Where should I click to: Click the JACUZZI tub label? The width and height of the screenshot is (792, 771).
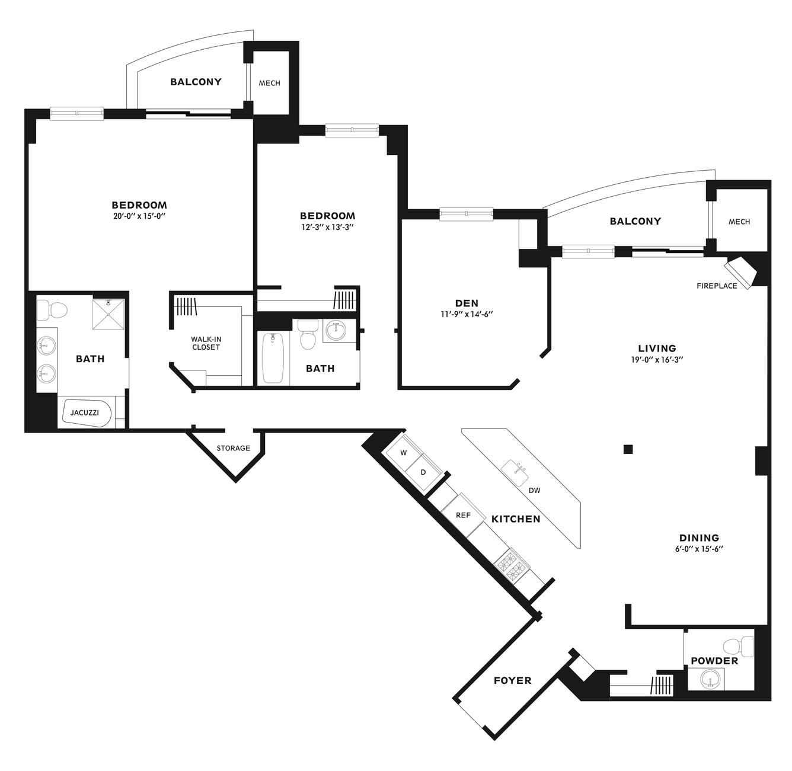tap(85, 412)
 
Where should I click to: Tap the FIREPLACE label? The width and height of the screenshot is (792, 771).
tap(717, 286)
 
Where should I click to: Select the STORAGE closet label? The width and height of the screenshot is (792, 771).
tap(233, 448)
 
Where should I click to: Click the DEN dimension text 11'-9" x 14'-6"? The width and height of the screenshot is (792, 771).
tap(467, 314)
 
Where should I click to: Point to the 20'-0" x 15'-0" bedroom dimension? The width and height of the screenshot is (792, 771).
tap(139, 216)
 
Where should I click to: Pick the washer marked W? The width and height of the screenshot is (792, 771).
tap(404, 453)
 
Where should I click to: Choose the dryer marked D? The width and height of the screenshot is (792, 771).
tap(423, 472)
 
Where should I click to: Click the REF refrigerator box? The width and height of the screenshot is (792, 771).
tap(463, 514)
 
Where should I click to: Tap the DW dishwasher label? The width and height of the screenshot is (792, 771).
tap(534, 491)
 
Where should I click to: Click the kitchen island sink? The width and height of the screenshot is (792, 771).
tap(515, 473)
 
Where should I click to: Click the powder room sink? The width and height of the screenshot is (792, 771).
tap(711, 679)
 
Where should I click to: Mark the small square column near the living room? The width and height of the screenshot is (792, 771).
tap(628, 449)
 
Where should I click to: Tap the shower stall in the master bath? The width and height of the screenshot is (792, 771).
tap(108, 315)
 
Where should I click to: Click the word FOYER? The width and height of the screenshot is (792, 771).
tap(512, 681)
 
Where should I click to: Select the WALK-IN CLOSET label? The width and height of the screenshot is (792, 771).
tap(206, 343)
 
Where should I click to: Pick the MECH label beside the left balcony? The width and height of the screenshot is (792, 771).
tap(269, 83)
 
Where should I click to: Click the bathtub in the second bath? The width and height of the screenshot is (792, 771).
tap(273, 358)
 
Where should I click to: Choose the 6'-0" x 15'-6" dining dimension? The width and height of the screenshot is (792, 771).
tap(699, 548)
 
